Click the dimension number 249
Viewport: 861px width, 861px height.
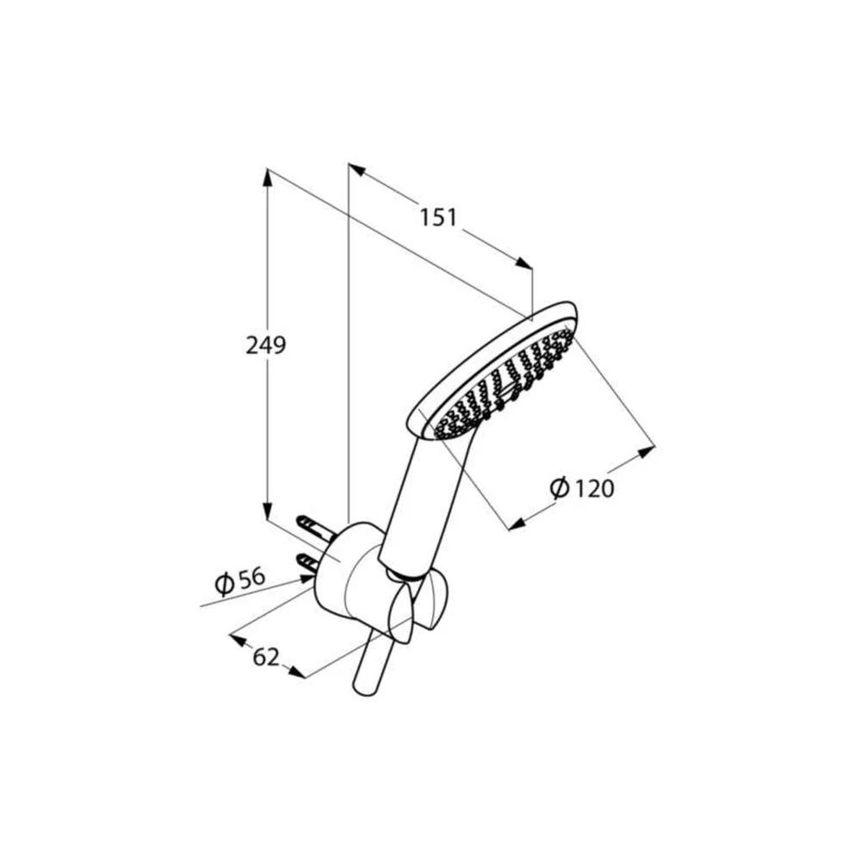266,345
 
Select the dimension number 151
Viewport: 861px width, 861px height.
438,218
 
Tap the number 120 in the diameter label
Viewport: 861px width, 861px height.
593,488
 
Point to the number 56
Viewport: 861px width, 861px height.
252,579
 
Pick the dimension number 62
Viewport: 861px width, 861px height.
266,657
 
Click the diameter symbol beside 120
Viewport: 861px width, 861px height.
560,487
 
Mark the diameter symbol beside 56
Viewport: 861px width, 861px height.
225,584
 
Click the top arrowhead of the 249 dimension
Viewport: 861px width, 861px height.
267,177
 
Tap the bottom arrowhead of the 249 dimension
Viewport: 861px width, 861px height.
267,511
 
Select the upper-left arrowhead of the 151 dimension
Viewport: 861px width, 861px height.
357,170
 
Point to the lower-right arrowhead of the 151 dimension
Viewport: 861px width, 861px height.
523,263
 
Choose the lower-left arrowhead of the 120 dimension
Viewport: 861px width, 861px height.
517,525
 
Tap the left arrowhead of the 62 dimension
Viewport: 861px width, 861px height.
238,640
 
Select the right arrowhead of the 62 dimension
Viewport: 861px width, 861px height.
296,672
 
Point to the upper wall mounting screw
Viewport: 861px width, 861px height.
314,526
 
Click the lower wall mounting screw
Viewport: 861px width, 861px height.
308,564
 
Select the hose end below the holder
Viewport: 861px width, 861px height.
374,664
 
